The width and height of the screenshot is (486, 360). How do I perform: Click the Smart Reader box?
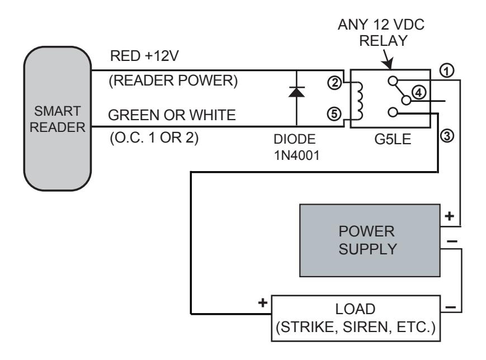click(x=58, y=119)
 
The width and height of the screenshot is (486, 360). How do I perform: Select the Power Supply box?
click(x=370, y=240)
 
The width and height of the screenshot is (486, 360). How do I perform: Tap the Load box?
click(x=356, y=318)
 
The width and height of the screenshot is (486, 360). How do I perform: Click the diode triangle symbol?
click(x=296, y=92)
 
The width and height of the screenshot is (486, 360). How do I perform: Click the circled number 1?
click(x=447, y=71)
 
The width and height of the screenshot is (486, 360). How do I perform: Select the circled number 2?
click(x=334, y=83)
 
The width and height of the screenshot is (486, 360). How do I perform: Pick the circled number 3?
click(x=447, y=136)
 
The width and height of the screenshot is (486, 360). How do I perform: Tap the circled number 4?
click(x=419, y=92)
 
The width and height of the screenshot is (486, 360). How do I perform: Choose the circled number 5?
click(x=334, y=113)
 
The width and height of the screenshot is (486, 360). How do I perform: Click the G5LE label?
click(x=393, y=139)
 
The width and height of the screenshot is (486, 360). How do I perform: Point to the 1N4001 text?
click(x=296, y=155)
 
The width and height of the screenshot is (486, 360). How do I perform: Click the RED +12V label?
click(x=144, y=56)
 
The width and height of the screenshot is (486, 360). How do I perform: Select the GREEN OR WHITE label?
click(x=172, y=115)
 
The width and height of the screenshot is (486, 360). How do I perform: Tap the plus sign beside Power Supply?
click(x=450, y=216)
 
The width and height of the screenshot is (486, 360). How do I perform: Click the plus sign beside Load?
click(x=262, y=302)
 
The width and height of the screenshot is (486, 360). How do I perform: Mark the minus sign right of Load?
click(x=450, y=307)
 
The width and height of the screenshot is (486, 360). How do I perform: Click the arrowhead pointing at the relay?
click(x=388, y=64)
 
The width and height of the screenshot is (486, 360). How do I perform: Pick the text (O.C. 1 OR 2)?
click(x=154, y=138)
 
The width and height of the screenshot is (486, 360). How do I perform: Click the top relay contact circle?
click(x=393, y=81)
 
